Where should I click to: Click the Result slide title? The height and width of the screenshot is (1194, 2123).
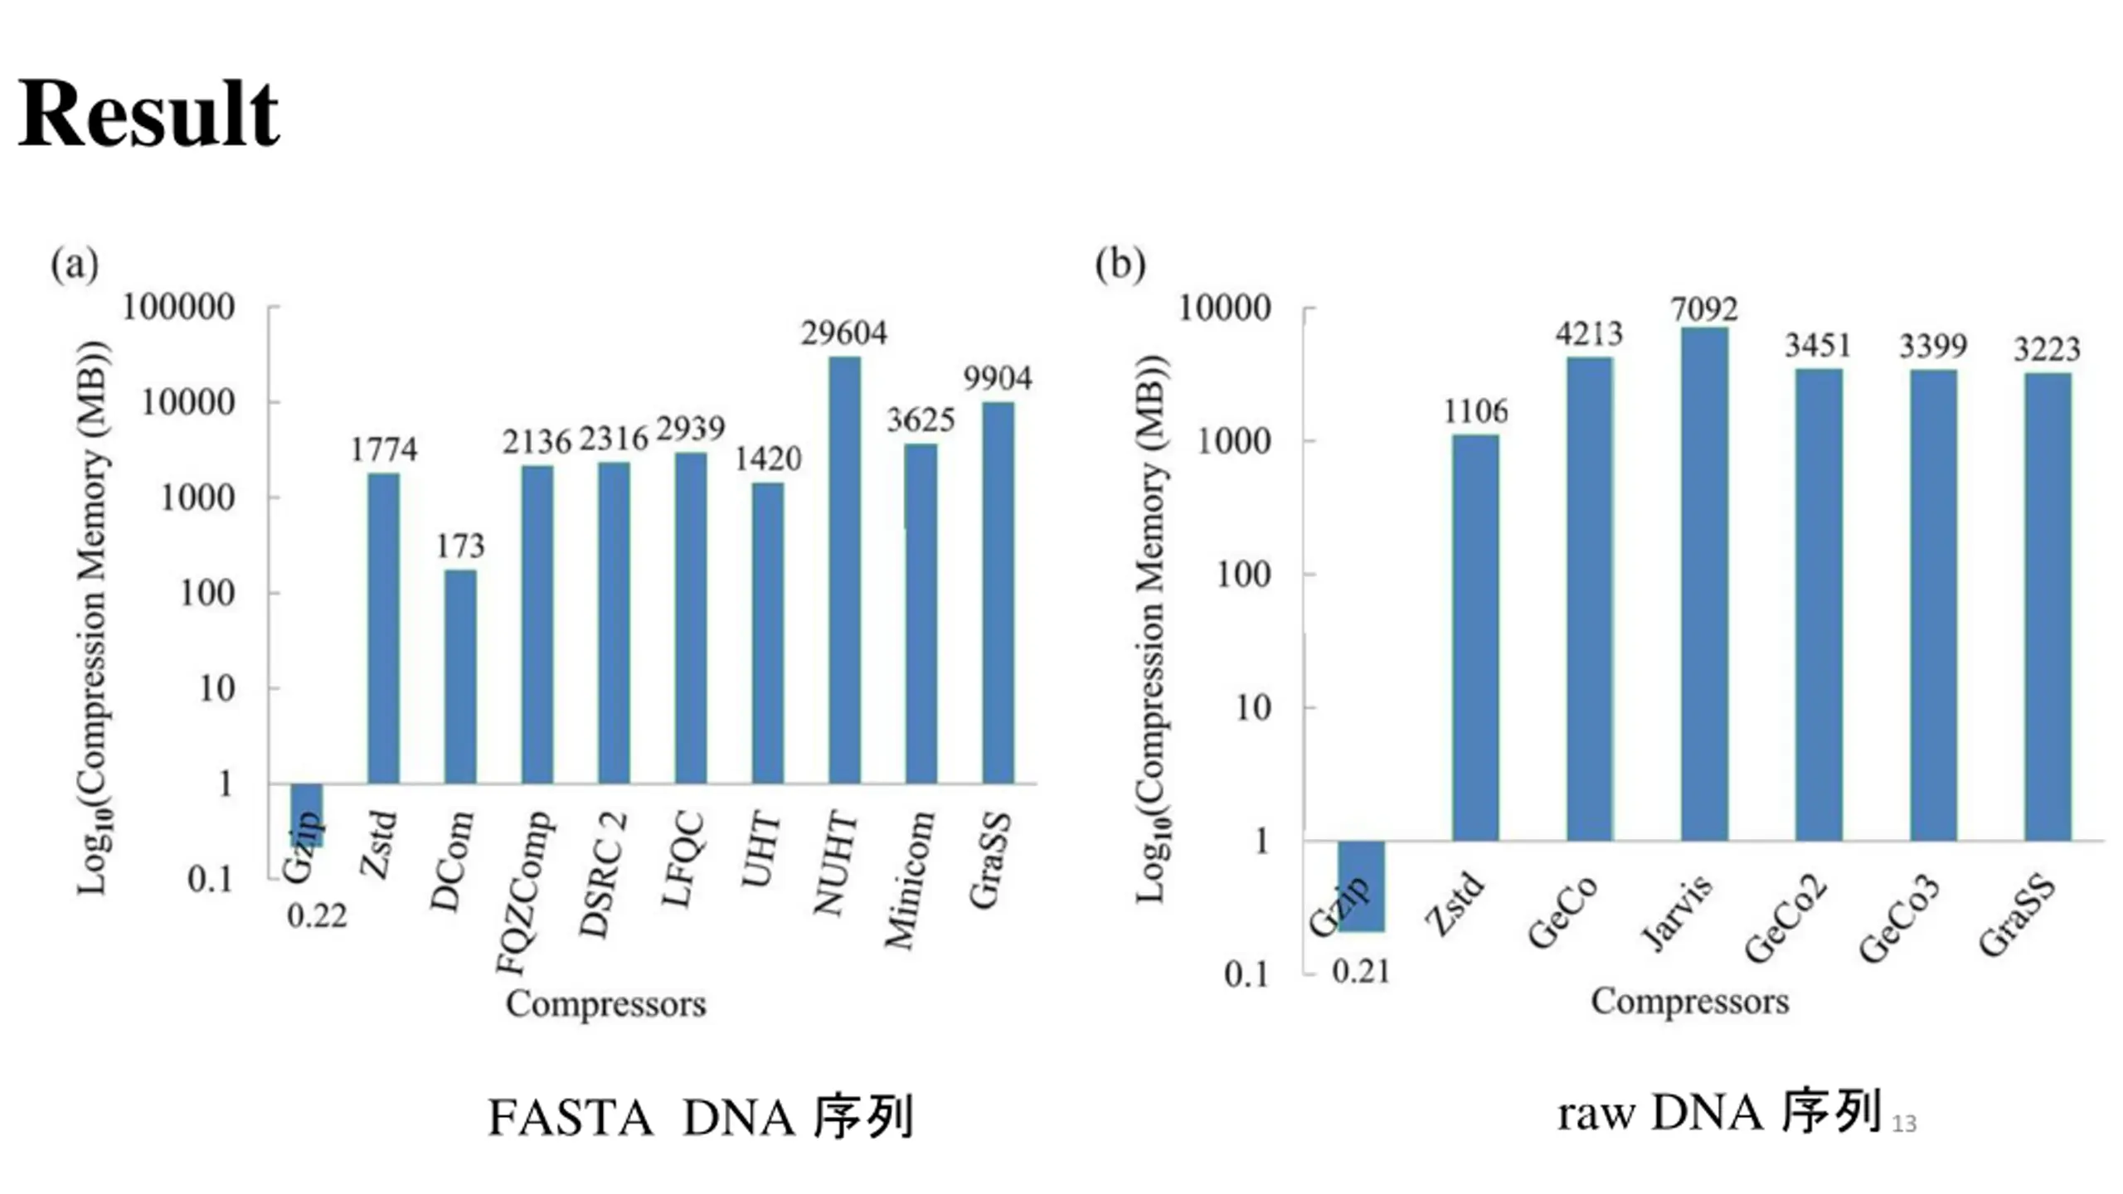click(149, 114)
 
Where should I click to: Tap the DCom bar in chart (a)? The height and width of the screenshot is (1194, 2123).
click(460, 676)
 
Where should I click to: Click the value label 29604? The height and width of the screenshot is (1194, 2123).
click(843, 333)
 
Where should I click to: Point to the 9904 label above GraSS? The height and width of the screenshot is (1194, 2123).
click(998, 379)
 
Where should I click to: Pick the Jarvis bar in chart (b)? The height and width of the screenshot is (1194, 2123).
click(1704, 585)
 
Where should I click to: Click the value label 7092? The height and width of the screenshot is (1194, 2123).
click(1704, 309)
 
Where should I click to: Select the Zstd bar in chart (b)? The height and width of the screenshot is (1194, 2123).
click(1475, 638)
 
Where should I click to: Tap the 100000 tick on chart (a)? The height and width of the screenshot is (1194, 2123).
click(178, 308)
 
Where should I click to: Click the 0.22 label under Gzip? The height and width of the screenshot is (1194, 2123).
click(317, 917)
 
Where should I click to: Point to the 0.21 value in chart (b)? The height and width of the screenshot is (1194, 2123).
click(1361, 972)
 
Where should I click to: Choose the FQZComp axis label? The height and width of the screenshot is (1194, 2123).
click(524, 892)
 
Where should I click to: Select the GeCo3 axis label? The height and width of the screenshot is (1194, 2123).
click(1899, 918)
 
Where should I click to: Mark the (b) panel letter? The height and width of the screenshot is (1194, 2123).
click(1120, 265)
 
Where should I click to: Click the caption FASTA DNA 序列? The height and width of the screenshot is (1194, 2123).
click(701, 1117)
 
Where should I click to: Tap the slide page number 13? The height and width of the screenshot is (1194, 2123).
click(1904, 1124)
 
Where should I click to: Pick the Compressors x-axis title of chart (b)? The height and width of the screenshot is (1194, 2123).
click(1689, 1002)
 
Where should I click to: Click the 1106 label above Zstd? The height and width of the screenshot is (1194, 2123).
click(1475, 412)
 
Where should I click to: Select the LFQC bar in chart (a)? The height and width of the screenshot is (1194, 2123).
click(691, 618)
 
